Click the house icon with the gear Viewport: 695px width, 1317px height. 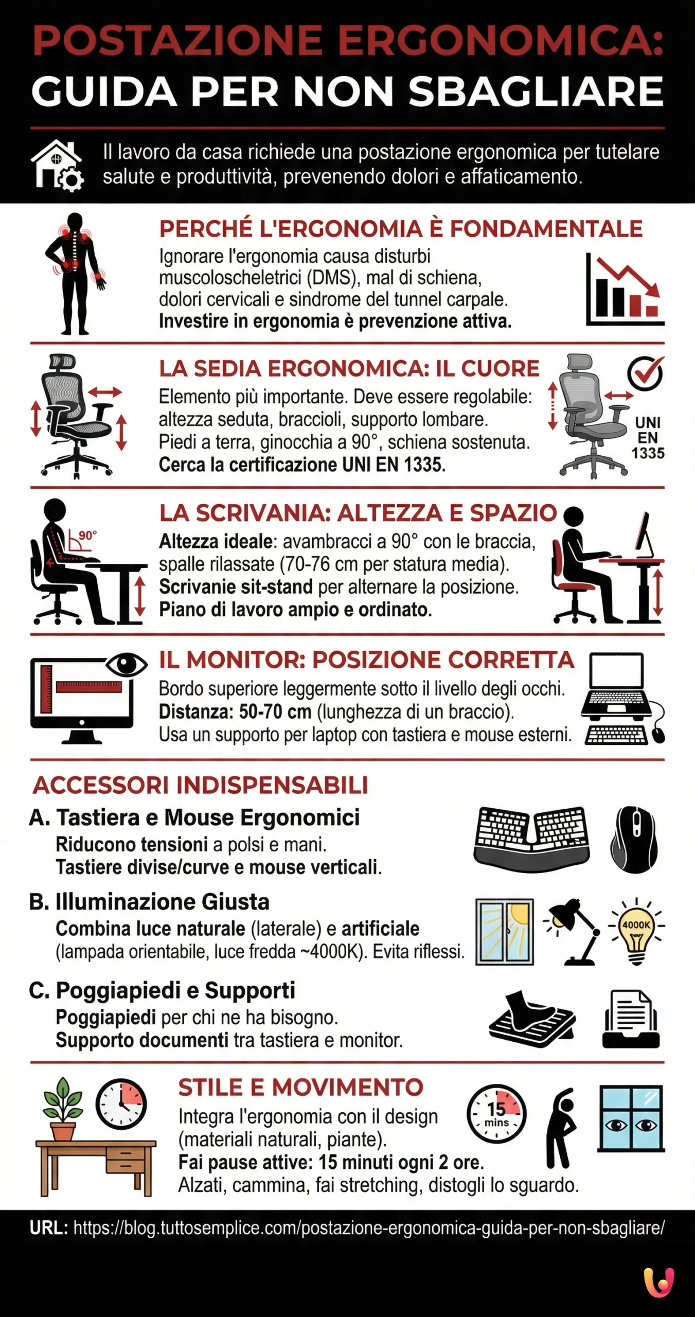click(x=57, y=166)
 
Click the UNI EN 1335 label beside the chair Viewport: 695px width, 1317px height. click(x=648, y=438)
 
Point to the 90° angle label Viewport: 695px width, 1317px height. click(x=87, y=536)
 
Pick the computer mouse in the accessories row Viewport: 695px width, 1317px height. click(x=634, y=840)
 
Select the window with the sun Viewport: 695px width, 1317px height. click(x=504, y=932)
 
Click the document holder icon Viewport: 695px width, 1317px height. click(x=631, y=1019)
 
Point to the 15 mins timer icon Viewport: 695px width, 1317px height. click(x=496, y=1114)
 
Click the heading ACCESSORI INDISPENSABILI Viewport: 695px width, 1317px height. click(x=201, y=786)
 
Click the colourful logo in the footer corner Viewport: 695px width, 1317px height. click(x=658, y=1282)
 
